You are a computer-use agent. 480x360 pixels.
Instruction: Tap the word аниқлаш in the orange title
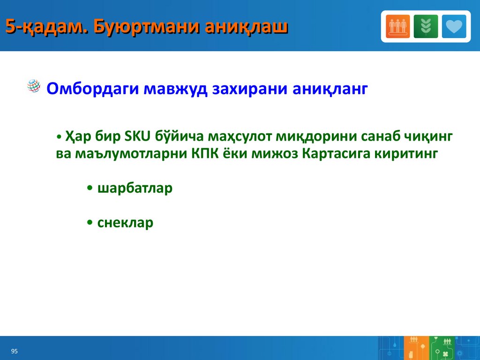click(x=247, y=27)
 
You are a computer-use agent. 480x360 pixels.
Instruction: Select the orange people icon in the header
click(x=397, y=26)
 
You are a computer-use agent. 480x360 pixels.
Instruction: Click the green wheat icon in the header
click(x=426, y=26)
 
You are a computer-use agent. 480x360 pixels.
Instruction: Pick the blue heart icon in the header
click(x=454, y=26)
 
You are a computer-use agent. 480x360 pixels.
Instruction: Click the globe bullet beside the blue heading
click(x=34, y=86)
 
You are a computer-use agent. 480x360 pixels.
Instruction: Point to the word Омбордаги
click(x=93, y=89)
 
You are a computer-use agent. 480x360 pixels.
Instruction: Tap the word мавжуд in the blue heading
click(x=175, y=89)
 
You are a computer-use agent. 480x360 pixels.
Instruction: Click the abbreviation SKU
click(x=138, y=136)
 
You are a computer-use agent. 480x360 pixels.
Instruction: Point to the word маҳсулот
click(x=240, y=137)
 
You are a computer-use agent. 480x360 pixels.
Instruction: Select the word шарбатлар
click(x=135, y=188)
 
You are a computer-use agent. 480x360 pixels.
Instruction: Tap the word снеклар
click(x=125, y=223)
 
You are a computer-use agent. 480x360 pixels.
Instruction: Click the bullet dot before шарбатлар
click(x=90, y=188)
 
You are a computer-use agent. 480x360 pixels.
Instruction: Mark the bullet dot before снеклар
click(x=90, y=223)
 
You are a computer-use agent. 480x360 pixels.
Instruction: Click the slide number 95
click(x=15, y=351)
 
